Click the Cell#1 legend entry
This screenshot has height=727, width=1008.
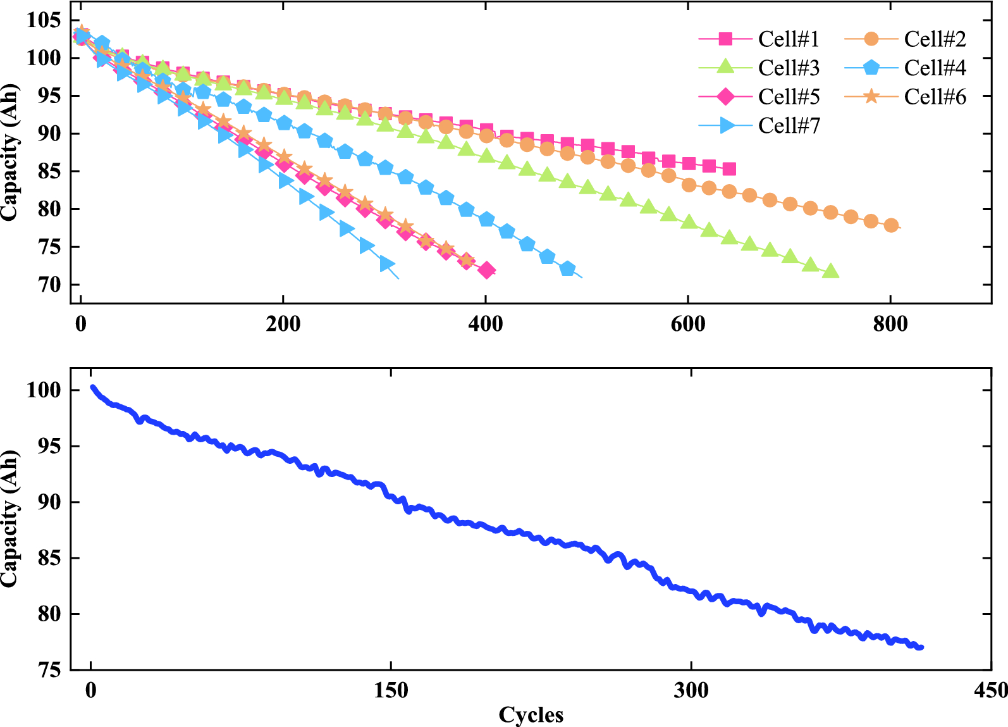[x=759, y=39]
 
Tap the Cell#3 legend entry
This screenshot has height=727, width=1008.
[x=759, y=68]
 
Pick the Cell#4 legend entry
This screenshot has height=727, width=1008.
[x=905, y=68]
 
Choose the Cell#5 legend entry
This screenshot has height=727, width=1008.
[x=759, y=97]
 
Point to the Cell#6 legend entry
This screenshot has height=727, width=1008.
[x=905, y=97]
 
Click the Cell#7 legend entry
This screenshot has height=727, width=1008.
[x=759, y=125]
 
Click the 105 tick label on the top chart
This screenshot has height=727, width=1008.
[x=44, y=20]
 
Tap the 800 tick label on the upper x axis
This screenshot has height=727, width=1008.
[x=890, y=324]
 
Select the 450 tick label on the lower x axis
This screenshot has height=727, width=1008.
[x=991, y=690]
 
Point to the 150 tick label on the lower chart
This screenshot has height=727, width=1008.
[x=391, y=690]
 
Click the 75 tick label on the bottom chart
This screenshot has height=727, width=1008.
[x=49, y=670]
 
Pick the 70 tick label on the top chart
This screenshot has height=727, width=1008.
[x=49, y=285]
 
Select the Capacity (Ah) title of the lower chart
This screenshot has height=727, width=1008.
[x=10, y=519]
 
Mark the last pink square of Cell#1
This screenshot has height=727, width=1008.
[x=729, y=170]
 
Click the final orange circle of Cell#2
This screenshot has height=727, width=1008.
[x=891, y=225]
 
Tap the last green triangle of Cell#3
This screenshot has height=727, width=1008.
[x=830, y=271]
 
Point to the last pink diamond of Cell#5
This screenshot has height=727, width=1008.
[x=486, y=271]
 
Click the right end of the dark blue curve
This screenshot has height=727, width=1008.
[x=921, y=647]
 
